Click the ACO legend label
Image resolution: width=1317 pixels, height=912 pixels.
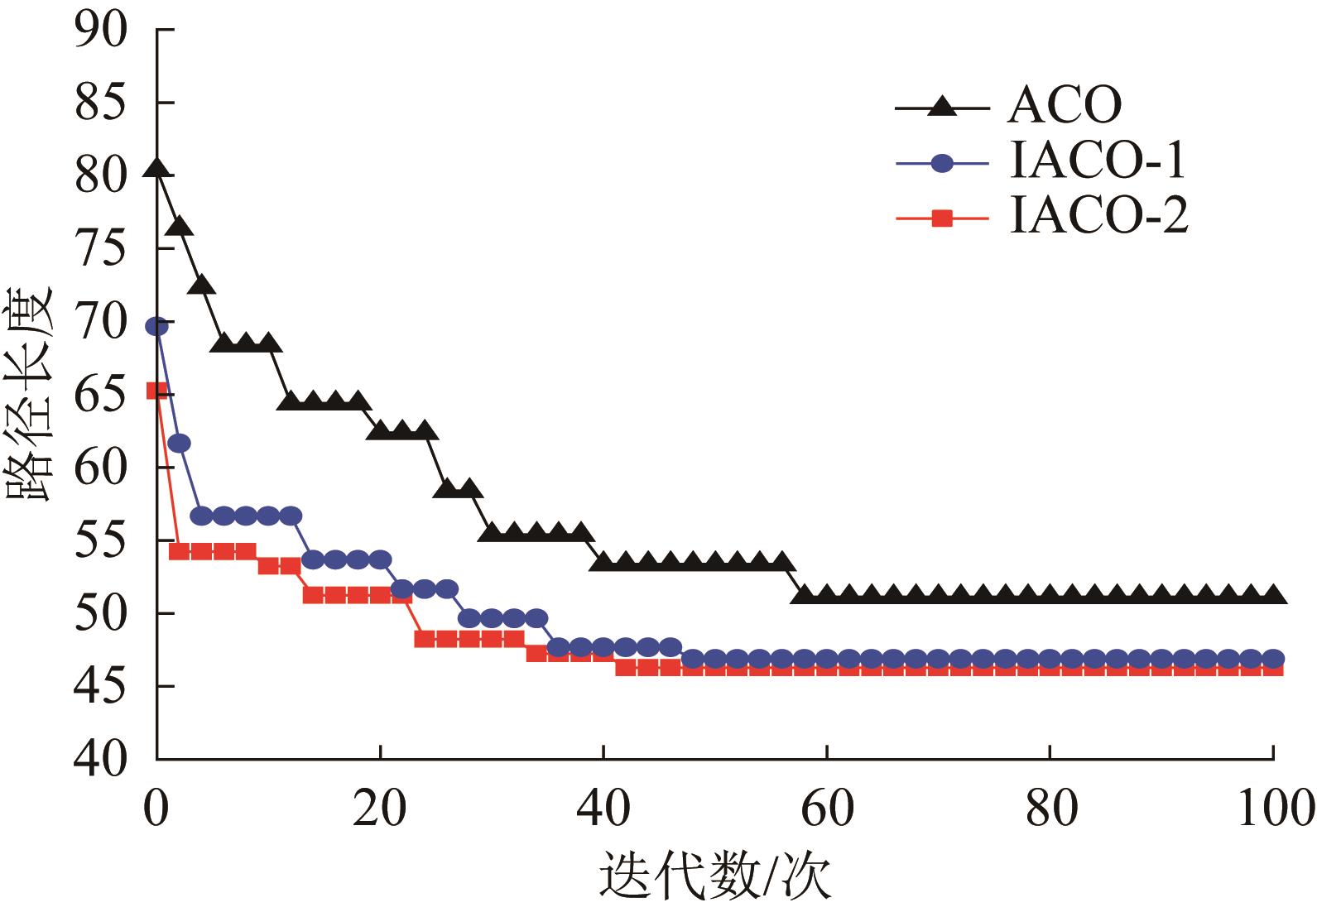click(1064, 107)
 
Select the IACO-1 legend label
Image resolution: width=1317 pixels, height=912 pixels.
click(1098, 163)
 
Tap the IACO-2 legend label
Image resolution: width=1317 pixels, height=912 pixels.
click(1099, 218)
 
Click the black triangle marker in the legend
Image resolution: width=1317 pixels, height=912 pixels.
click(942, 108)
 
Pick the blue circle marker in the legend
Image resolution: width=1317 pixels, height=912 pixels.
click(942, 164)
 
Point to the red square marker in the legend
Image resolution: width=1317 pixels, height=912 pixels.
click(942, 219)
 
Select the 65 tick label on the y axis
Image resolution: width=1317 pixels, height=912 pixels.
click(102, 394)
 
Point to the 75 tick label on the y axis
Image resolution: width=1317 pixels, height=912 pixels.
click(102, 248)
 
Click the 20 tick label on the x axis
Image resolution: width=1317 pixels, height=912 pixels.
click(380, 808)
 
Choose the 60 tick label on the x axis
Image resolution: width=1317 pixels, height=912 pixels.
click(827, 808)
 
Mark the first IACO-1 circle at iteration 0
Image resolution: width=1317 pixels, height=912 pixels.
click(157, 327)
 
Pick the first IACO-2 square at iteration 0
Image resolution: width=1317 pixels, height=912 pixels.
click(157, 391)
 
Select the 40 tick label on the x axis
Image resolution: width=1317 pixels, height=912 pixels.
click(603, 808)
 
